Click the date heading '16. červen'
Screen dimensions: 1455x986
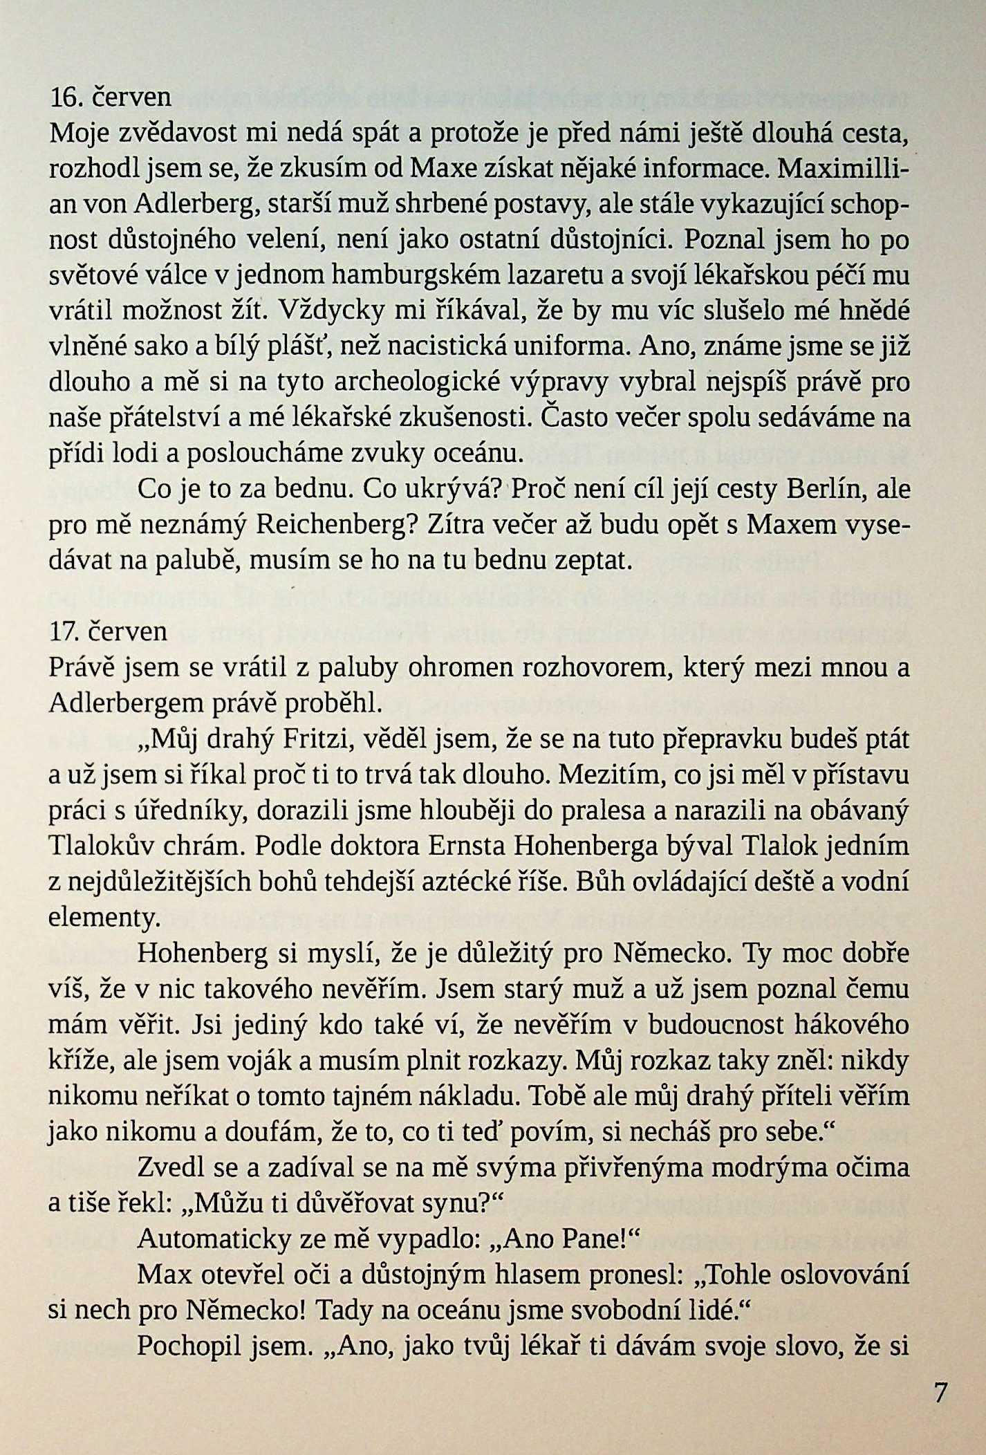click(111, 98)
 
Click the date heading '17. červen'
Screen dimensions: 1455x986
click(109, 631)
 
